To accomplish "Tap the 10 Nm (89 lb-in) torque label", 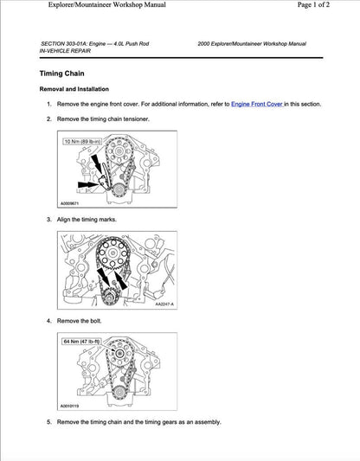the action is click(x=82, y=140).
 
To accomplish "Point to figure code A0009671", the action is click(x=74, y=204).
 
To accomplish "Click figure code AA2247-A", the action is click(x=164, y=304).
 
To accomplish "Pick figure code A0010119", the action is click(x=74, y=406).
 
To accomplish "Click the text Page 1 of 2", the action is click(x=322, y=5).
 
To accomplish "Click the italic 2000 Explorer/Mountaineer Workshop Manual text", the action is click(x=251, y=42).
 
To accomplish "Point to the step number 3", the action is click(x=49, y=220).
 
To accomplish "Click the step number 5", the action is click(x=49, y=421).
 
